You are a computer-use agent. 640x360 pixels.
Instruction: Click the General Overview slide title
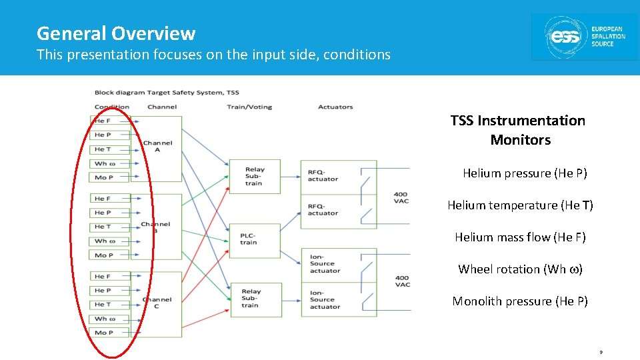[x=116, y=33]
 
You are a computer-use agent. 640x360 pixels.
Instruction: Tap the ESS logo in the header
[x=584, y=37]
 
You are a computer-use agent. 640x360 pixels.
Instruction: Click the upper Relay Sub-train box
[x=255, y=177]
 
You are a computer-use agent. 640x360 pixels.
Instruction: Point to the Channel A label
[x=157, y=146]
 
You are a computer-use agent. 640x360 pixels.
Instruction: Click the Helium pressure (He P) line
[x=525, y=173]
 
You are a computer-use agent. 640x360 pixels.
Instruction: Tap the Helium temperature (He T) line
[x=520, y=205]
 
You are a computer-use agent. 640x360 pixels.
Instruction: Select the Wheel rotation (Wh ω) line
[x=520, y=269]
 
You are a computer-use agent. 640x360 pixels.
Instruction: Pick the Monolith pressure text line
[x=520, y=301]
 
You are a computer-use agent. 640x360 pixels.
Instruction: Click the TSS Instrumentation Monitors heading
[x=518, y=130]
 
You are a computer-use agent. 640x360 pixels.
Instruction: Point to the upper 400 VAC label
[x=401, y=197]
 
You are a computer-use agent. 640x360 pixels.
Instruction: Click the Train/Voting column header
[x=249, y=107]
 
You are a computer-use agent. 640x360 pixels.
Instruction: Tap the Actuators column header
[x=335, y=107]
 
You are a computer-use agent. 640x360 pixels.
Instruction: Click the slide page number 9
[x=601, y=351]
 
